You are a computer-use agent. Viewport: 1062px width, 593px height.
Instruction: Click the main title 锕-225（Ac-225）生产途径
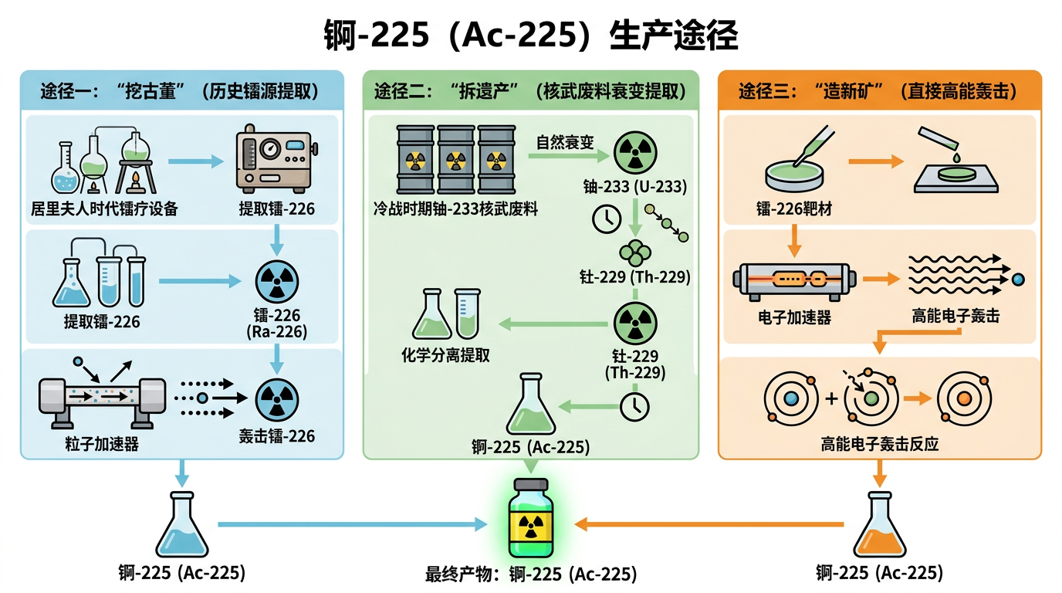tap(530, 36)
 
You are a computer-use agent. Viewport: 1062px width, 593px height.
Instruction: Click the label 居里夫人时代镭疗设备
tap(104, 209)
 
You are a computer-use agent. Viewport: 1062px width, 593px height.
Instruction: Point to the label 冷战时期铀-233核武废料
tap(455, 209)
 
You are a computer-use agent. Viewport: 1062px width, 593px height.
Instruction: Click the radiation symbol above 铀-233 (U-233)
tap(634, 151)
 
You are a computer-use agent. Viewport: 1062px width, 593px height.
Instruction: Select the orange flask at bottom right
tap(879, 527)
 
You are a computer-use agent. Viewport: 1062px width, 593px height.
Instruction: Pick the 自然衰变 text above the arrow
tap(566, 143)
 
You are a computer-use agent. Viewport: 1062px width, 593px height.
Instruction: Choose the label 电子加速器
tap(794, 317)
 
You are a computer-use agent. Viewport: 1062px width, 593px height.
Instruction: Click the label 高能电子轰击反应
tap(880, 445)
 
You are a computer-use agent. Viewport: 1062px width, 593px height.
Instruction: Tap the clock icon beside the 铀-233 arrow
tap(607, 219)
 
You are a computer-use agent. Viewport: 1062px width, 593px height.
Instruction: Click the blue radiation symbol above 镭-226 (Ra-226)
tap(276, 282)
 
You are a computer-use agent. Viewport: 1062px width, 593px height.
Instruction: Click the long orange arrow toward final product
tap(710, 524)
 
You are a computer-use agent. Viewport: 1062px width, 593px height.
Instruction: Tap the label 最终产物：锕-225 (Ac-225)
tap(531, 574)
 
